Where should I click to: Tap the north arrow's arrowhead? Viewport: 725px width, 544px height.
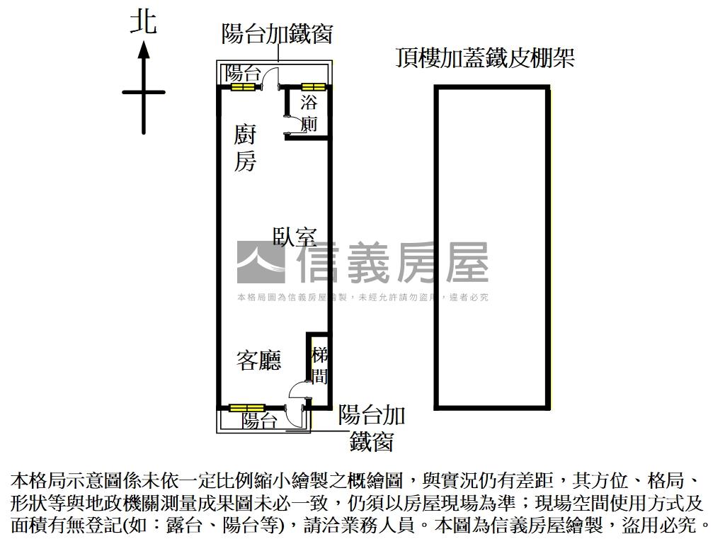[143, 50]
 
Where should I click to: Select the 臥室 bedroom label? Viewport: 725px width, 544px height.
[295, 236]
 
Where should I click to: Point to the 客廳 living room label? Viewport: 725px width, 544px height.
[258, 361]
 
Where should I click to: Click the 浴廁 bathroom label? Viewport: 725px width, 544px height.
[309, 113]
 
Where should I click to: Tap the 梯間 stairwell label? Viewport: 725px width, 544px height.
[319, 364]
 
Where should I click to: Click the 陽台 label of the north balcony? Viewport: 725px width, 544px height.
[243, 72]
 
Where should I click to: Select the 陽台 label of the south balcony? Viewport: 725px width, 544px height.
[259, 421]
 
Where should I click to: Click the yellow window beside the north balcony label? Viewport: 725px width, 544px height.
[243, 87]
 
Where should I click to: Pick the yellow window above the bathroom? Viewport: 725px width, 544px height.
[312, 87]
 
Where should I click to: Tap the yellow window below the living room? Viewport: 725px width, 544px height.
[246, 408]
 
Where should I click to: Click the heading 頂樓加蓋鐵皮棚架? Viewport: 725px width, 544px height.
[484, 57]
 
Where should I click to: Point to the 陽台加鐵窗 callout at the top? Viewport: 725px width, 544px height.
[277, 33]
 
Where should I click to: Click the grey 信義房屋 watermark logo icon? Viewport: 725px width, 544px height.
[260, 262]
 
